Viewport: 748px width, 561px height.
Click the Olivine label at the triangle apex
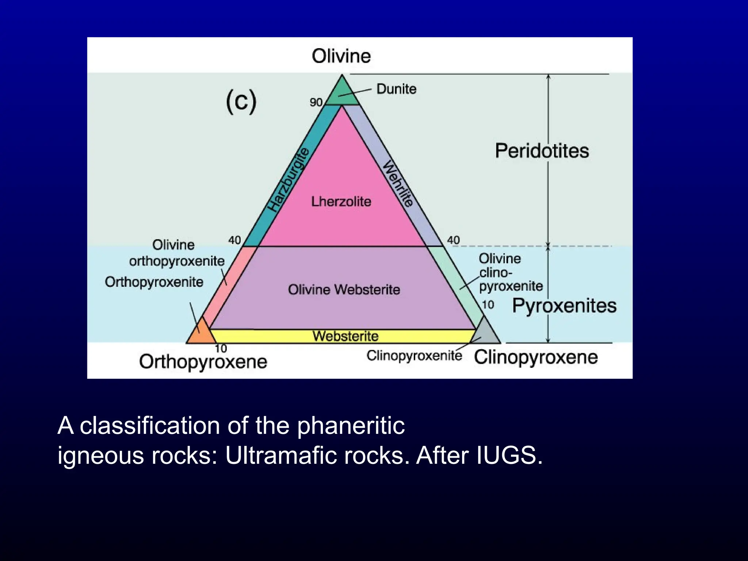coord(341,57)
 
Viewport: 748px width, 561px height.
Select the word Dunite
coord(396,89)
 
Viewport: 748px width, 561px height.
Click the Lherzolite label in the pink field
coord(341,201)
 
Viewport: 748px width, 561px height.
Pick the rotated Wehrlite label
coord(398,184)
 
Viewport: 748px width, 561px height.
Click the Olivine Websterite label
coord(344,290)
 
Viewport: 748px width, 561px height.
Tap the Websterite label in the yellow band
coord(346,336)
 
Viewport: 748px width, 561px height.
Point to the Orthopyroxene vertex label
coord(203,362)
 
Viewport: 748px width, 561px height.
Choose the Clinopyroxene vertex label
coord(536,357)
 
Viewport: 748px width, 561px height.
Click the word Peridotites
coord(542,150)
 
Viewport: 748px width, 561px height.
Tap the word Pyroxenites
coord(564,305)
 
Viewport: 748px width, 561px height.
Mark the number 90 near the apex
coord(316,103)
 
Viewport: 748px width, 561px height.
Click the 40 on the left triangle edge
coord(234,240)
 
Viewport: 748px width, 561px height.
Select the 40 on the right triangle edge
coord(454,240)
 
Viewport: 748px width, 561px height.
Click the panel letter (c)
coord(241,102)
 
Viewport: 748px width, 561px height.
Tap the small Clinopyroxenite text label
coord(414,355)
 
